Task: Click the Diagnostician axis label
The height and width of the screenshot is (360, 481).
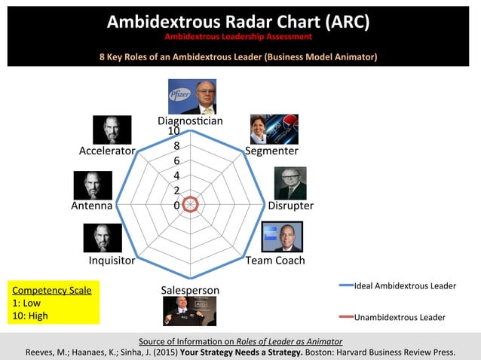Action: point(190,121)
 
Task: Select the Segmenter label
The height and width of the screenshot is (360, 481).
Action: point(271,151)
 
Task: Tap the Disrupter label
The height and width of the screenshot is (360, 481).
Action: point(291,206)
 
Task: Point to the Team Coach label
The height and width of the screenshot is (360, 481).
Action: point(275,261)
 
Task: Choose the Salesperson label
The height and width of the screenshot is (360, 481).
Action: point(190,290)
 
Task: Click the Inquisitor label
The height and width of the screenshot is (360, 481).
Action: point(112,261)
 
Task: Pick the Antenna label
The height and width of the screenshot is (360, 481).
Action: point(92,206)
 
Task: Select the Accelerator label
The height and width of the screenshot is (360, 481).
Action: point(107,151)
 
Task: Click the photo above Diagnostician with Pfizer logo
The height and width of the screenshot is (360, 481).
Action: point(191,96)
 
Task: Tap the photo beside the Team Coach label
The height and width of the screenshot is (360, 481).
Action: point(281,236)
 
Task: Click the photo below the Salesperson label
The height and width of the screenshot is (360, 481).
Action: point(190,311)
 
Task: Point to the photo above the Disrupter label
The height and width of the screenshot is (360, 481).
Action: point(290,182)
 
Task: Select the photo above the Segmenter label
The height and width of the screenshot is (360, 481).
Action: point(274,129)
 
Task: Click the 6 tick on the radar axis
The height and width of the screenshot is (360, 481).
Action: point(176,161)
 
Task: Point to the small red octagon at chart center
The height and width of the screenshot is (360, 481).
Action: point(191,204)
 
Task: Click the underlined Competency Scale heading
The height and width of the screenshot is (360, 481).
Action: point(52,290)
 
